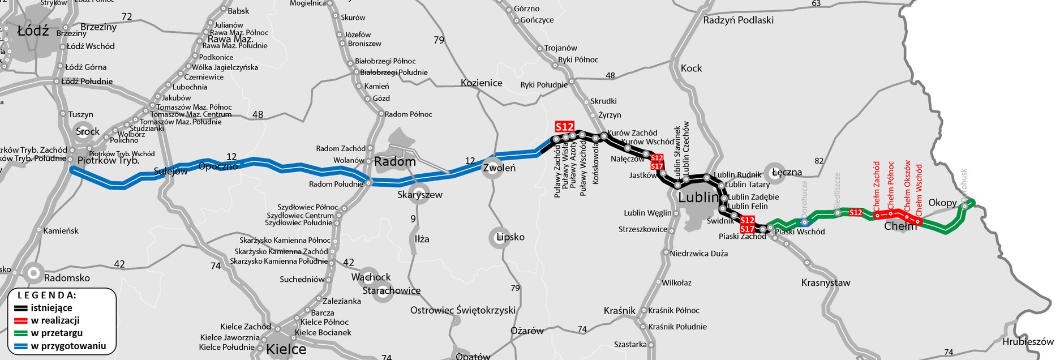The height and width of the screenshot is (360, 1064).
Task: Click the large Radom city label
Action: click(395, 162)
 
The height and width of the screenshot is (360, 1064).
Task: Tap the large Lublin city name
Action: click(698, 198)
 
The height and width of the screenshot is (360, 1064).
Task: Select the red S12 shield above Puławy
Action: click(564, 127)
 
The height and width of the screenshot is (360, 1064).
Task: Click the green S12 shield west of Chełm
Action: click(855, 212)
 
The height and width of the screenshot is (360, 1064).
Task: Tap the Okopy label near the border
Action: click(942, 203)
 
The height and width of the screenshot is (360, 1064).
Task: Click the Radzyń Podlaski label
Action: click(738, 20)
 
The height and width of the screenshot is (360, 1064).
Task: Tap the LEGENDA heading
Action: click(46, 295)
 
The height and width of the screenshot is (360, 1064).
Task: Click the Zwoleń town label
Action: click(499, 168)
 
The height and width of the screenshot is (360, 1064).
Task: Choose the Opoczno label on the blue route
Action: click(218, 166)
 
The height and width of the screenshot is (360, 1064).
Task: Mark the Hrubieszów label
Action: click(1028, 342)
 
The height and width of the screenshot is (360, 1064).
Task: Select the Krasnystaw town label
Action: click(826, 282)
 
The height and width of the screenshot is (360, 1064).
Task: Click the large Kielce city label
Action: click(286, 349)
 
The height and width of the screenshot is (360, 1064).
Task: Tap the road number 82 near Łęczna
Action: click(819, 161)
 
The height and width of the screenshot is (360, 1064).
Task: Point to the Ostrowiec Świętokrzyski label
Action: click(463, 310)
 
